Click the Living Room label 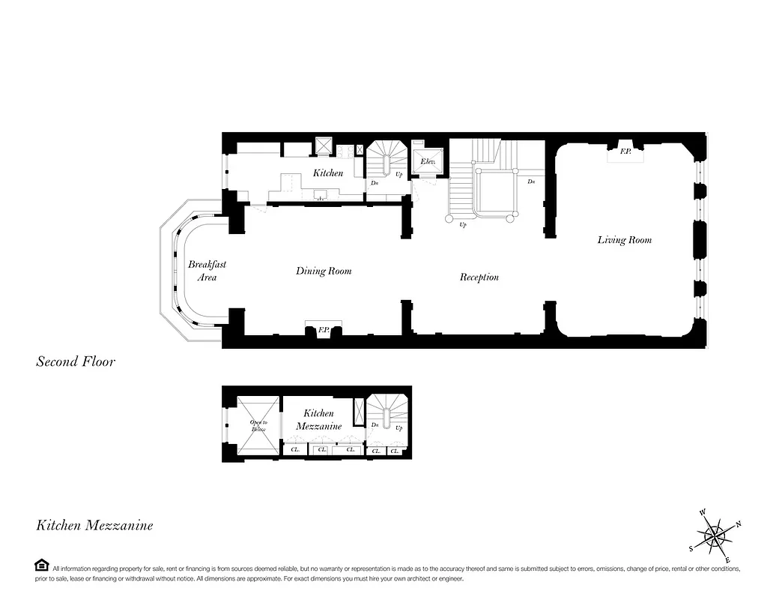tap(624, 240)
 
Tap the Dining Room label tap(323, 271)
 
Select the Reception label tap(479, 277)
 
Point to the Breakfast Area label tap(207, 271)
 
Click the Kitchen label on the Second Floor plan tap(328, 173)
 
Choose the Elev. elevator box tap(428, 162)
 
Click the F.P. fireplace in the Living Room tap(625, 152)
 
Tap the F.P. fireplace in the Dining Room tap(324, 329)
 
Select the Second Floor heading tap(76, 362)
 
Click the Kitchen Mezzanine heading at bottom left tap(94, 526)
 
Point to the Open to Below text tap(258, 425)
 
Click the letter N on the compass tap(739, 523)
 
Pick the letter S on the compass tap(691, 548)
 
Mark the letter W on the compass tap(703, 512)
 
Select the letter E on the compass tap(728, 560)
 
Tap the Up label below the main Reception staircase tap(462, 224)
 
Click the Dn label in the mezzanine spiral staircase tap(375, 424)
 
